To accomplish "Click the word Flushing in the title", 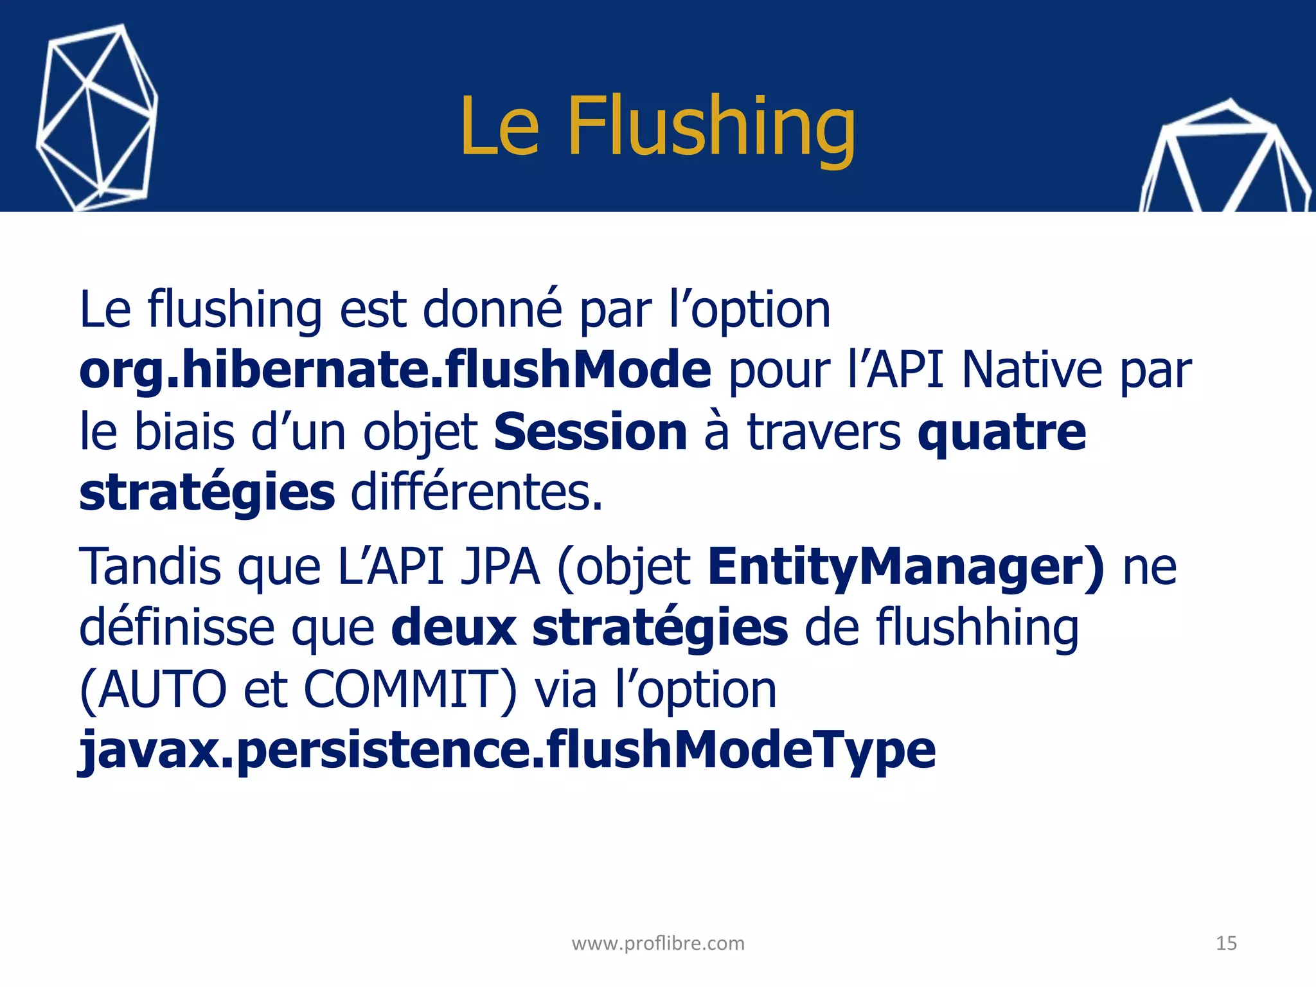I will coord(711,127).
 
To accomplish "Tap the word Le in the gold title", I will coord(500,127).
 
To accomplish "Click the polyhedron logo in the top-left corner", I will coord(97,117).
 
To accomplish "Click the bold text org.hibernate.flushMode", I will coord(395,371).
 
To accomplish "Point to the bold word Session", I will coord(591,432).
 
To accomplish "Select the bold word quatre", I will coord(1002,433).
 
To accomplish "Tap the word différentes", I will coord(476,493).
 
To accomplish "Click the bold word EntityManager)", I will coord(906,567).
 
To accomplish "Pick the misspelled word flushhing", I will coord(977,628).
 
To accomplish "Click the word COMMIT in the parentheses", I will coord(409,689).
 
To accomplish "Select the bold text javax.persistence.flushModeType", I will coord(507,751).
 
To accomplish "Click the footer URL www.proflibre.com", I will coord(658,943).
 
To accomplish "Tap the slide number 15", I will coord(1226,943).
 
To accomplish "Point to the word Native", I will coord(1031,371).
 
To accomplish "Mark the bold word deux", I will coord(454,628).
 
